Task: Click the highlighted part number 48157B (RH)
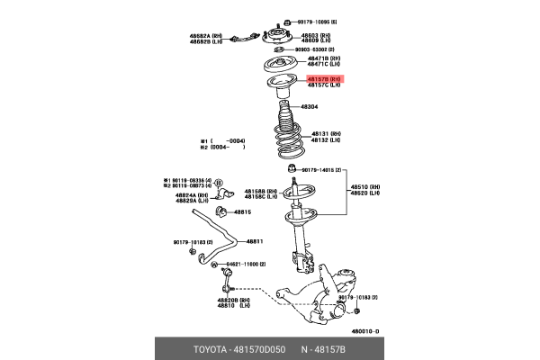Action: tap(324, 79)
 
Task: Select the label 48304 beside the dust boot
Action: tap(309, 106)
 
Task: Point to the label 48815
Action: tap(243, 212)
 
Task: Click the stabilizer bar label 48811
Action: tap(255, 241)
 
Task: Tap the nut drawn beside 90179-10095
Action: tap(285, 20)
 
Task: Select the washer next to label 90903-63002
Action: tap(285, 50)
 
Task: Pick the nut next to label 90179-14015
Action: tap(291, 168)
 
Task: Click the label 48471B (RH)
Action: tap(323, 59)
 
